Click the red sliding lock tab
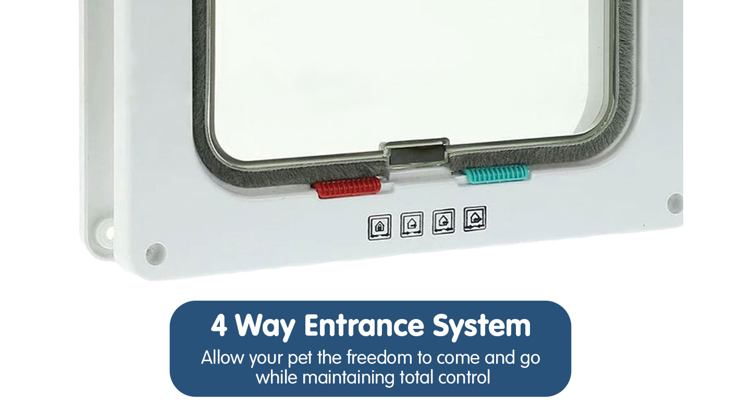pyautogui.click(x=347, y=187)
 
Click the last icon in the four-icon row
pyautogui.click(x=475, y=218)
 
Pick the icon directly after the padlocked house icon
pyautogui.click(x=412, y=224)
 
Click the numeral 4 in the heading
pyautogui.click(x=219, y=326)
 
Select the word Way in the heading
pyautogui.click(x=265, y=327)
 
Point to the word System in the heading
pyautogui.click(x=482, y=327)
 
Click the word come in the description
pyautogui.click(x=458, y=359)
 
